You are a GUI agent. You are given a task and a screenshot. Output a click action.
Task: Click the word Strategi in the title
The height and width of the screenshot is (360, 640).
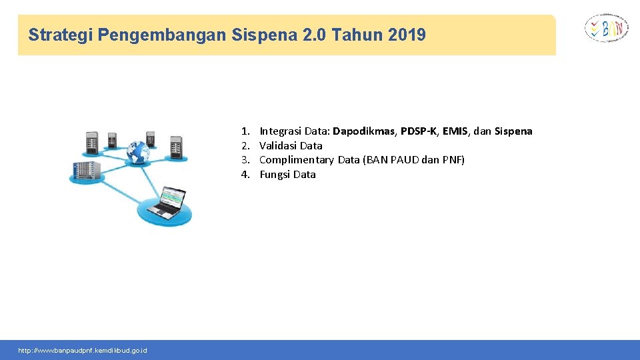click(60, 35)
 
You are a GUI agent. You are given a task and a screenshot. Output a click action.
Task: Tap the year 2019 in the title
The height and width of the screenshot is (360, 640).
click(405, 35)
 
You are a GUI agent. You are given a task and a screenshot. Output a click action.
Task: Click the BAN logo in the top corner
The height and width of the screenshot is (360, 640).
click(606, 29)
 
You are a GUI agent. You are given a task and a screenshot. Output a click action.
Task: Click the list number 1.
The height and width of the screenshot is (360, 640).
click(245, 131)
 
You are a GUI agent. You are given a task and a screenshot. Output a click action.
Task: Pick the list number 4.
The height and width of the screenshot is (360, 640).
click(245, 175)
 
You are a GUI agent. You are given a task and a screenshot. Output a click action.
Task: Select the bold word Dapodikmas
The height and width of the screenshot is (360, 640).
click(365, 131)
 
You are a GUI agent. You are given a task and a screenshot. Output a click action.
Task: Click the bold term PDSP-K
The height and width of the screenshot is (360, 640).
click(419, 131)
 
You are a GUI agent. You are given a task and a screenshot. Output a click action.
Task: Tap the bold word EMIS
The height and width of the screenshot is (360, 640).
click(457, 131)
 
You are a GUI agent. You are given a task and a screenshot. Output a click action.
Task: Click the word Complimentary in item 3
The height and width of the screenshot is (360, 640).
click(296, 160)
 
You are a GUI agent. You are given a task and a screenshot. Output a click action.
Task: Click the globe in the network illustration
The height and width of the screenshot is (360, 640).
click(138, 152)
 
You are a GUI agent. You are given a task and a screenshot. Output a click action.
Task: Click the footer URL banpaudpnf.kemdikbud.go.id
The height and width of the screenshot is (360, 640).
click(83, 351)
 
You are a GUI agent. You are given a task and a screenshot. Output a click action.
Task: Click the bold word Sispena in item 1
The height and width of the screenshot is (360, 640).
click(513, 131)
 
